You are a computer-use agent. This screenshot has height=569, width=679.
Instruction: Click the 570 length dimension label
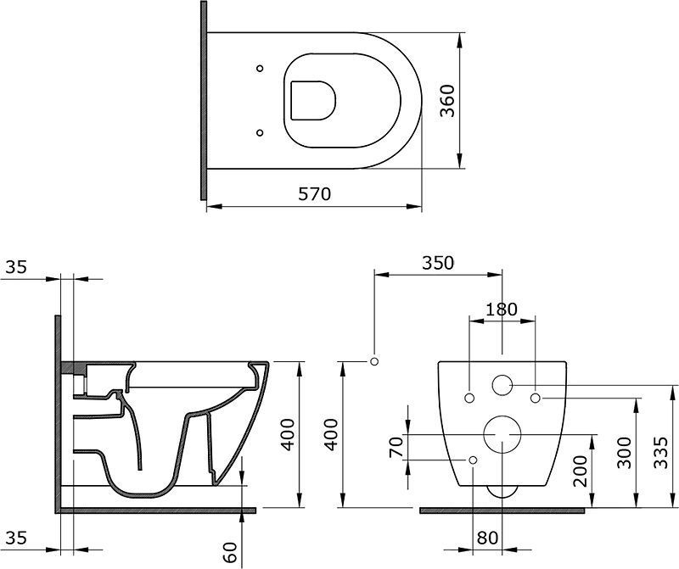click(x=314, y=194)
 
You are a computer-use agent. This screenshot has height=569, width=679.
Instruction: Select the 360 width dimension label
click(x=447, y=100)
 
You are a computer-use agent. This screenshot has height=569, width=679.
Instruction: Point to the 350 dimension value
click(x=438, y=263)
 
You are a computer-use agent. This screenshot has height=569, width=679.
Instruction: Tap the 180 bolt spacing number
click(x=502, y=310)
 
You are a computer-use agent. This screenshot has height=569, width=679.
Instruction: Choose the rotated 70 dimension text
click(x=396, y=447)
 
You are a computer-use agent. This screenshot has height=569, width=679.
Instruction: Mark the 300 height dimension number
click(x=624, y=453)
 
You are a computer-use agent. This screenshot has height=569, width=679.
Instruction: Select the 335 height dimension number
click(x=661, y=453)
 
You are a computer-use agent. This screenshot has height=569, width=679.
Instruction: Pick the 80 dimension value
click(x=487, y=538)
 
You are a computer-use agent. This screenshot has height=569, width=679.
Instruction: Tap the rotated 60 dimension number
click(x=232, y=552)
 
